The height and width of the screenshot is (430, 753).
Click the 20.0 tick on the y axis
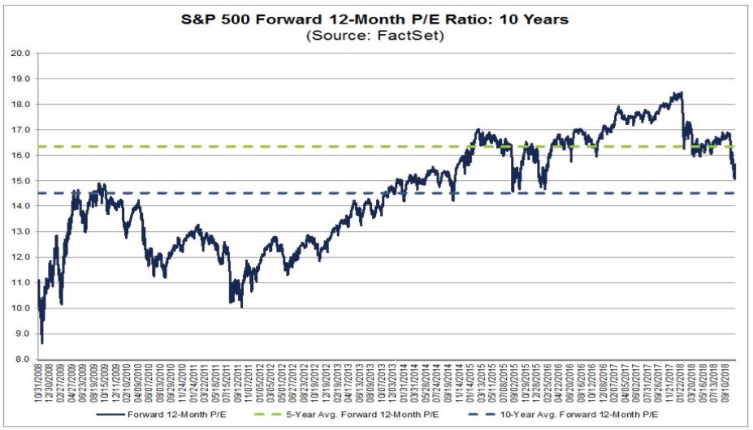click(21, 54)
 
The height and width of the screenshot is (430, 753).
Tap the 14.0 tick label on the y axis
click(21, 206)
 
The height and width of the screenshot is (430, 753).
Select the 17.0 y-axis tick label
click(21, 130)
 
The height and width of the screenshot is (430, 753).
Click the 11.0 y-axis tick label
click(21, 283)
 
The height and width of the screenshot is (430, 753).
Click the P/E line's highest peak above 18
click(679, 93)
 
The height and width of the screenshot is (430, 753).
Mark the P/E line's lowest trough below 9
click(42, 342)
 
